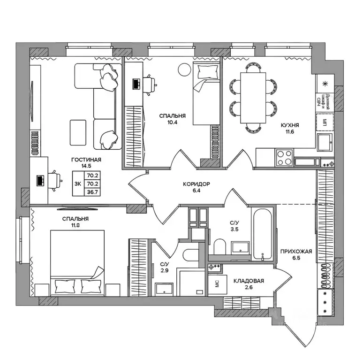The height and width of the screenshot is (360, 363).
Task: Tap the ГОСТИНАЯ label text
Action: click(86, 160)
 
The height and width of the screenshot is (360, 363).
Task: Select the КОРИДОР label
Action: click(197, 184)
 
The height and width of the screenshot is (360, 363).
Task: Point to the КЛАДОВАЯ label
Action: click(249, 281)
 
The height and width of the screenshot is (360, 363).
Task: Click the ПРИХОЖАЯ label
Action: click(296, 251)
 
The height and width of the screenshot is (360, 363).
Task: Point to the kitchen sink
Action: click(324, 141)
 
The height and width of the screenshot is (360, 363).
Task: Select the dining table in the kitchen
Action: click(253, 97)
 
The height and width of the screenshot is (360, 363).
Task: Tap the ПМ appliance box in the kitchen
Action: click(323, 123)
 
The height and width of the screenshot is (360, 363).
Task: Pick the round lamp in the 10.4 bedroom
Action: click(182, 70)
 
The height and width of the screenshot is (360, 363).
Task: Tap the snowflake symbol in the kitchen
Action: click(324, 84)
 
